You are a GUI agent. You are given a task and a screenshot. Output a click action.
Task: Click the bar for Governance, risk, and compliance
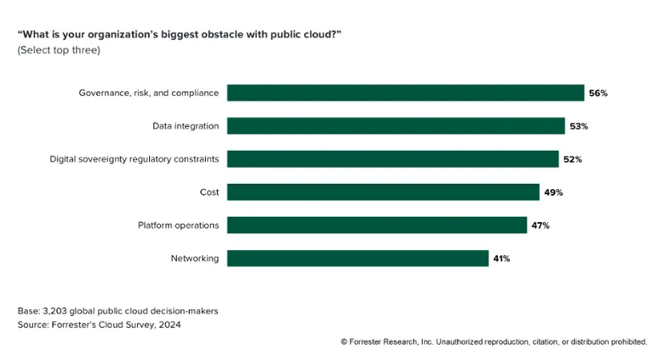point(405,93)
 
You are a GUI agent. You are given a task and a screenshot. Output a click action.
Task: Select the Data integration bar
point(396,126)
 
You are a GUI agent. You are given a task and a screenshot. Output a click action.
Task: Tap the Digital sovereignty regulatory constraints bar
point(392,159)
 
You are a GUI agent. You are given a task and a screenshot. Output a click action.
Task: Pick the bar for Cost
point(383,192)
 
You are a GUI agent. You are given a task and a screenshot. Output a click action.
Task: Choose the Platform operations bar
point(377,226)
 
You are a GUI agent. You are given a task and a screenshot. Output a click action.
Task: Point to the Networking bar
point(358,259)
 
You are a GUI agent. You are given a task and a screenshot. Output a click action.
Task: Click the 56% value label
point(598,93)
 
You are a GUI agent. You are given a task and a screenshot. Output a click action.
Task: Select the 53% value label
point(579,126)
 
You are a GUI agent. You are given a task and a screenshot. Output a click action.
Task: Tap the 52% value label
point(572,159)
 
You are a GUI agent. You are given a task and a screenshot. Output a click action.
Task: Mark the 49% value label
point(553,192)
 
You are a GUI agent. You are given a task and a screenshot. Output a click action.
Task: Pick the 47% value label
point(541,226)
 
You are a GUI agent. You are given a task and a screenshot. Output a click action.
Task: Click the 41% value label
point(501,259)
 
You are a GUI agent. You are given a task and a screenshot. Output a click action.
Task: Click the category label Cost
point(209,192)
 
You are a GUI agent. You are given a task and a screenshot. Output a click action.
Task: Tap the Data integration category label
point(185,126)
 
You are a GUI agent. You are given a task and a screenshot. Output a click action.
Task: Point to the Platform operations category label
point(178,226)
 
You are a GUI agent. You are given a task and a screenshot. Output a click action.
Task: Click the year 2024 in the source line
point(166,325)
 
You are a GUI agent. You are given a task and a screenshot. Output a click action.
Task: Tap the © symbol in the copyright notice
point(344,341)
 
